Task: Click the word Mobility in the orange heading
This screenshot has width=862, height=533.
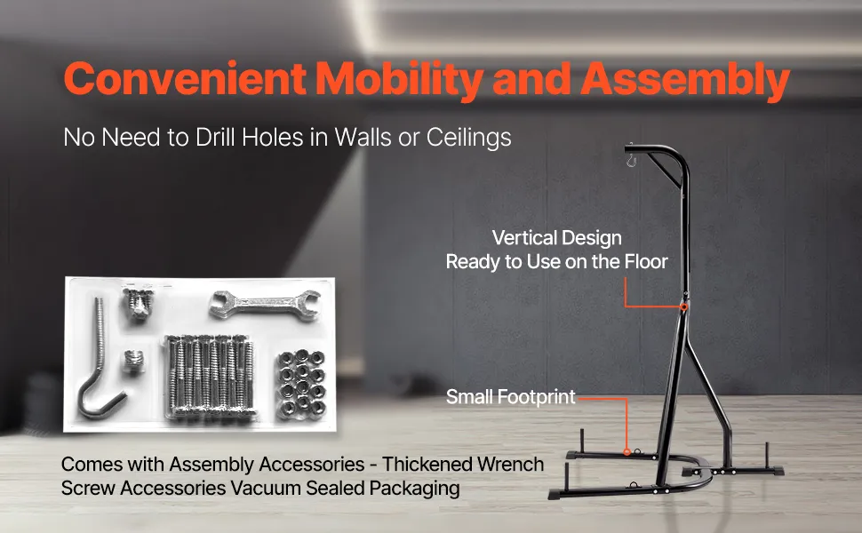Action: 400,79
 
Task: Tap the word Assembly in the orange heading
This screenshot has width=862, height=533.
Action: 685,79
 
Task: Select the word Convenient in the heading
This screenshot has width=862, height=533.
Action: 185,78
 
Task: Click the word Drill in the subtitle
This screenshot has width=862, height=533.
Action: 215,137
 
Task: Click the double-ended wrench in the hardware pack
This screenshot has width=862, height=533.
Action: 265,303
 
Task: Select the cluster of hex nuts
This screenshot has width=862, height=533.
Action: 301,384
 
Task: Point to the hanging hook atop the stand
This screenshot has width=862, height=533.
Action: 631,159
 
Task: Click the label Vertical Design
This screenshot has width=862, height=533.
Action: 557,238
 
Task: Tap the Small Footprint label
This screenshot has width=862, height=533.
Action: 511,397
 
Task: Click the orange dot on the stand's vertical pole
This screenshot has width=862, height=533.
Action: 684,307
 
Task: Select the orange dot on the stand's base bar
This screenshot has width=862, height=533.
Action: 627,452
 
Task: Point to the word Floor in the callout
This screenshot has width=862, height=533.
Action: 646,261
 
